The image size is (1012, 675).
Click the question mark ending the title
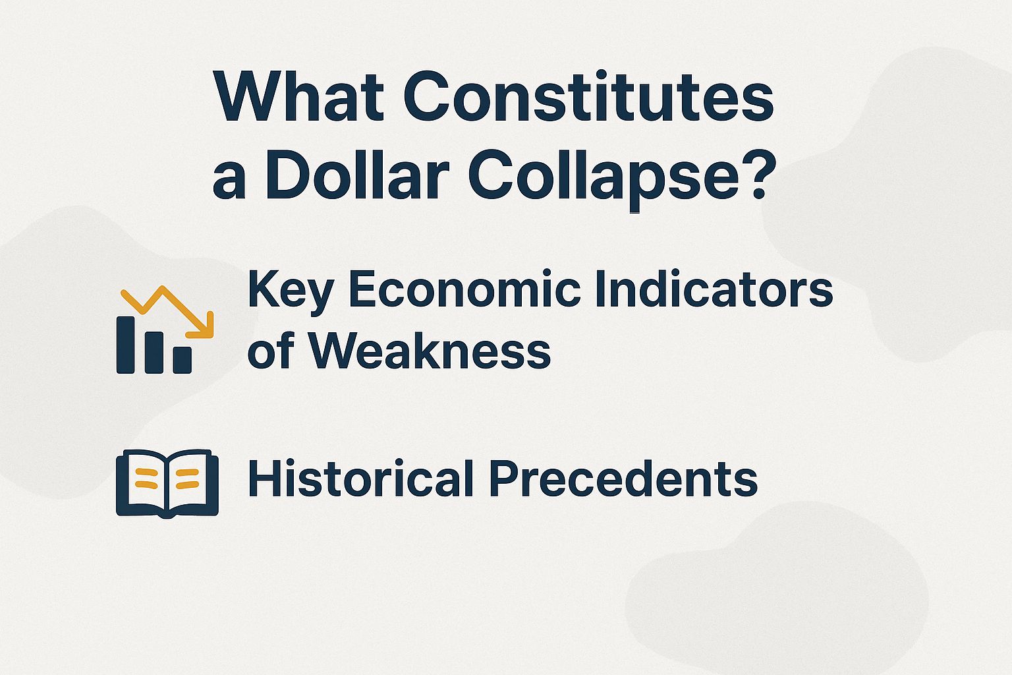click(752, 175)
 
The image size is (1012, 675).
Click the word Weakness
click(429, 349)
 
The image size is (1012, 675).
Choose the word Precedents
click(623, 479)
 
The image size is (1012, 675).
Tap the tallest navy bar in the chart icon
click(126, 344)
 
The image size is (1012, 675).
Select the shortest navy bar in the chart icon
click(182, 359)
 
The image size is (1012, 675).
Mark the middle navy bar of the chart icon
click(154, 352)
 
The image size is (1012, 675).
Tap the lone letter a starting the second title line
click(229, 179)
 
